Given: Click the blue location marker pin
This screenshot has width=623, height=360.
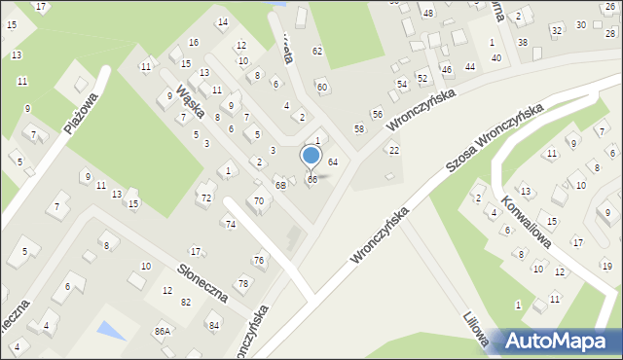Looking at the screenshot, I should [x=311, y=156].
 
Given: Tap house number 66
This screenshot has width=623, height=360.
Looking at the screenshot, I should [x=312, y=180].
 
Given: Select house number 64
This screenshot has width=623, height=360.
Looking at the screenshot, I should [x=332, y=162].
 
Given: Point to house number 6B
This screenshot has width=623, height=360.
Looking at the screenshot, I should [x=280, y=185].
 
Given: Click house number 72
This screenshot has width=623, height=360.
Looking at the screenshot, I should [x=205, y=198].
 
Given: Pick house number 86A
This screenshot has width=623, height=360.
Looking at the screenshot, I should [x=163, y=331].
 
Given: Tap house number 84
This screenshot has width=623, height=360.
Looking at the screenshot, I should [x=213, y=324].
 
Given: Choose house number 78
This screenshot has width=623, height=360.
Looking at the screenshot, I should [x=243, y=283].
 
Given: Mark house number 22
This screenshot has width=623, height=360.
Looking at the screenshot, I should [x=394, y=150].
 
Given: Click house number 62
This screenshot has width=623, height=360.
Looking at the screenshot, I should [x=316, y=51].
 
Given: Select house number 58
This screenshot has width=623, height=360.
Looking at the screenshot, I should [x=359, y=128].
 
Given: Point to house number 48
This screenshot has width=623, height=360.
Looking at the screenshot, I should [x=427, y=13].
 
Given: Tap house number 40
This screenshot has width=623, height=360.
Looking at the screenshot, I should [x=496, y=58].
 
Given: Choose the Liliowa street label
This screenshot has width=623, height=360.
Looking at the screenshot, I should [x=476, y=329].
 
